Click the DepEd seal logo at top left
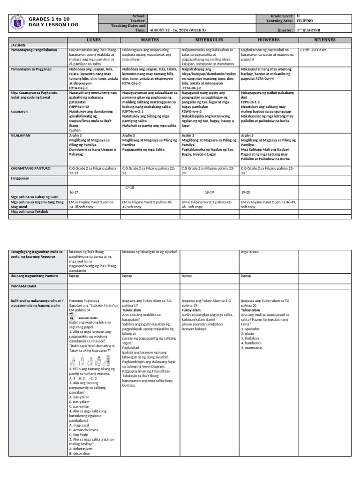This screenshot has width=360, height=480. pos(18,22)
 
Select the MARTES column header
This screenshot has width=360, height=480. pos(150,40)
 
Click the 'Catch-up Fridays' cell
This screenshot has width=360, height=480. pos(314,50)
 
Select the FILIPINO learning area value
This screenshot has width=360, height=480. pos(305,21)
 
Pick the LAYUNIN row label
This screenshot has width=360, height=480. pos(18,45)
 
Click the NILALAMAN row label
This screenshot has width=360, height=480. pos(21,135)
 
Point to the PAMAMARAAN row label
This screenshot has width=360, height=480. pos(24,285)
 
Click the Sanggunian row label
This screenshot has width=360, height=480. pos(21,178)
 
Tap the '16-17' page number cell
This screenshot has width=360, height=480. pos(74,192)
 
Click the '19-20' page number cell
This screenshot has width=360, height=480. pos(245,192)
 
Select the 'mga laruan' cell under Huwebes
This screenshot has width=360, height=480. pos(249,252)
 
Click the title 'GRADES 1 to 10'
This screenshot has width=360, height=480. pos(49,19)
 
